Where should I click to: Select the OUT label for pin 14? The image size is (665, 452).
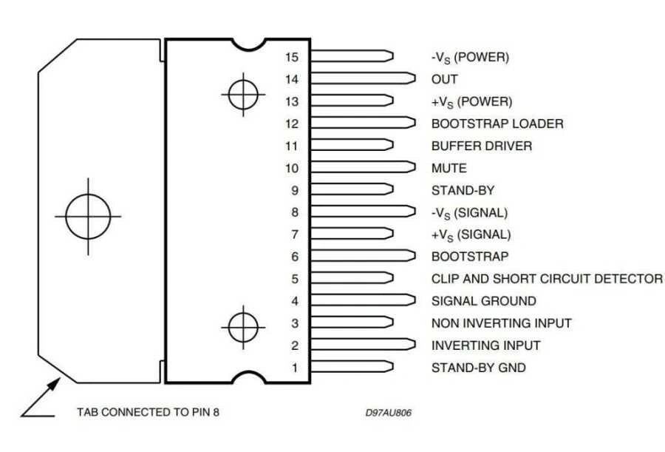pyautogui.click(x=444, y=79)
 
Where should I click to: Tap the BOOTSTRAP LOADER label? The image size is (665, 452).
pyautogui.click(x=497, y=124)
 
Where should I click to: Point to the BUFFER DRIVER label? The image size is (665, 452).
pyautogui.click(x=481, y=146)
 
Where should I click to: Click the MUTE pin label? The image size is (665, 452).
pyautogui.click(x=449, y=168)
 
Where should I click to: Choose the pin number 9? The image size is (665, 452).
pyautogui.click(x=294, y=190)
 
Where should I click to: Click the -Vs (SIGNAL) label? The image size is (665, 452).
pyautogui.click(x=469, y=212)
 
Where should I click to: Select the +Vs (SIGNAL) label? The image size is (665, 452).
pyautogui.click(x=471, y=235)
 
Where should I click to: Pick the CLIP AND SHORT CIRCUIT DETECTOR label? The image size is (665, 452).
pyautogui.click(x=547, y=279)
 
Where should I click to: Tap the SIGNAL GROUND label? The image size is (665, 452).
pyautogui.click(x=483, y=301)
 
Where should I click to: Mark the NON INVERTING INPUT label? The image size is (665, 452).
pyautogui.click(x=501, y=323)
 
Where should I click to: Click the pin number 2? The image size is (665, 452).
pyautogui.click(x=294, y=345)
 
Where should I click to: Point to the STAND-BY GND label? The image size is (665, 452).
pyautogui.click(x=478, y=368)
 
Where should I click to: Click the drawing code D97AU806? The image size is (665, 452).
pyautogui.click(x=388, y=412)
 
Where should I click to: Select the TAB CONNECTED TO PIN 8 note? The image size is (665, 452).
pyautogui.click(x=148, y=412)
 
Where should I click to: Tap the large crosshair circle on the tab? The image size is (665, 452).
pyautogui.click(x=88, y=216)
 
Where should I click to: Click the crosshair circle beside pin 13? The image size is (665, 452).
pyautogui.click(x=243, y=94)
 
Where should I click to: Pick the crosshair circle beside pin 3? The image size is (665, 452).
pyautogui.click(x=243, y=326)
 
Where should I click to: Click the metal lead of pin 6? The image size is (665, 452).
pyautogui.click(x=362, y=257)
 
